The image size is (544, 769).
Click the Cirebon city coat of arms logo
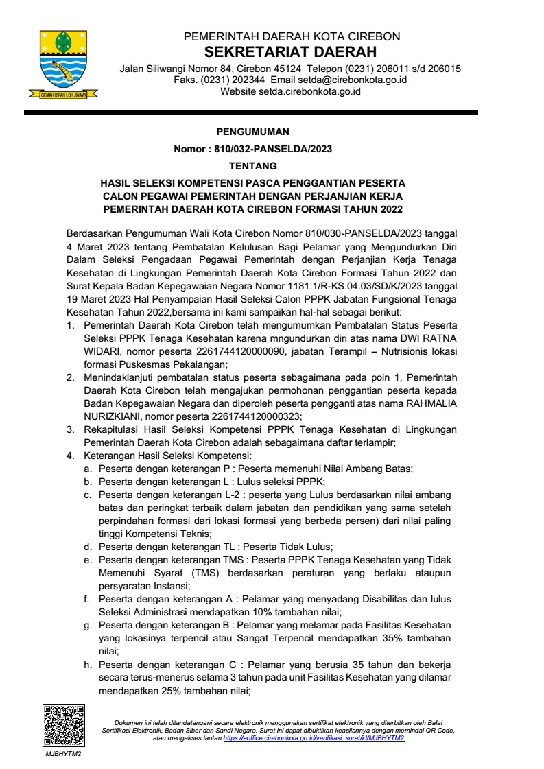tap(63, 63)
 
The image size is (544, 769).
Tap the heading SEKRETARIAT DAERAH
tap(291, 53)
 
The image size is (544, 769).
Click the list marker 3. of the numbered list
tap(70, 429)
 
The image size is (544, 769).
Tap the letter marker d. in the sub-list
tap(88, 547)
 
